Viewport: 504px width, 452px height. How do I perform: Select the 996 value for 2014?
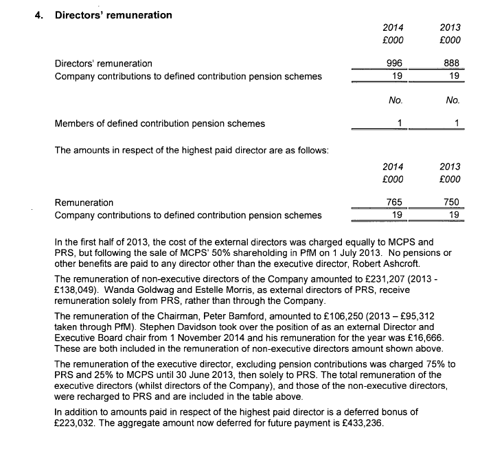395,63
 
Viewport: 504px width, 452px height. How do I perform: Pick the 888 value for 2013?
452,63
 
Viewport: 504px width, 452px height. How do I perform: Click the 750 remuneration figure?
451,202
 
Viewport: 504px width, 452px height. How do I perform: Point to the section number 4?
38,15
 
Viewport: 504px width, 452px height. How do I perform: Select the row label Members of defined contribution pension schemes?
160,123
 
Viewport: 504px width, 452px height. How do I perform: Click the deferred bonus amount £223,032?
77,423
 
